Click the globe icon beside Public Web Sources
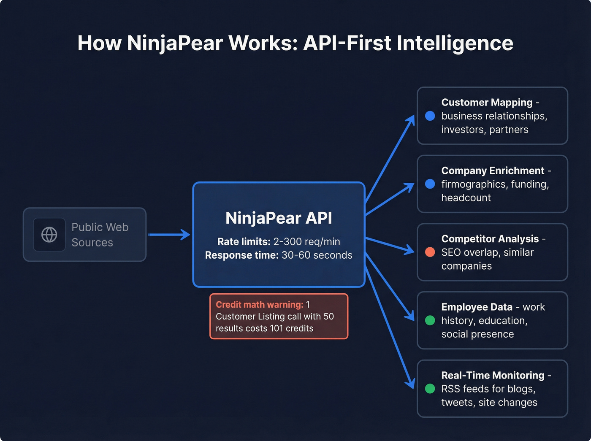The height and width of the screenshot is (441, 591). tap(49, 235)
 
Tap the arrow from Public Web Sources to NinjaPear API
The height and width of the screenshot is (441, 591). tap(169, 235)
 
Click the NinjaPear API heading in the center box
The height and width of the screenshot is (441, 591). tap(279, 218)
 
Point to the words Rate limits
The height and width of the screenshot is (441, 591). tap(244, 242)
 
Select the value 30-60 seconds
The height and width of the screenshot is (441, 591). tap(317, 255)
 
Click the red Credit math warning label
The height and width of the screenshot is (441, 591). tap(259, 305)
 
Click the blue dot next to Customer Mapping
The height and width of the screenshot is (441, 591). tap(430, 116)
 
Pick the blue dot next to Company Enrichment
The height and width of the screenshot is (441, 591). tap(430, 184)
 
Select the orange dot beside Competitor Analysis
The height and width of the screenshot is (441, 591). tap(430, 252)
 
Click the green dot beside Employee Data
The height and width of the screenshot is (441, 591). tap(430, 320)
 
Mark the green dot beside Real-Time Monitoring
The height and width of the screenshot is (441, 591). tap(430, 389)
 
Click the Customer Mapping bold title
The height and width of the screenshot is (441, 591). tap(487, 103)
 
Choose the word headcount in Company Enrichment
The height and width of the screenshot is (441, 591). tap(466, 198)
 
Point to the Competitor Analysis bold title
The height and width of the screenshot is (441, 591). tap(490, 239)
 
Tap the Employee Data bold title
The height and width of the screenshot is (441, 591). tap(477, 307)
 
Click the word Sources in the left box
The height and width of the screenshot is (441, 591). tap(92, 243)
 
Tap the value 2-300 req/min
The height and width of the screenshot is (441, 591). tap(306, 242)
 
